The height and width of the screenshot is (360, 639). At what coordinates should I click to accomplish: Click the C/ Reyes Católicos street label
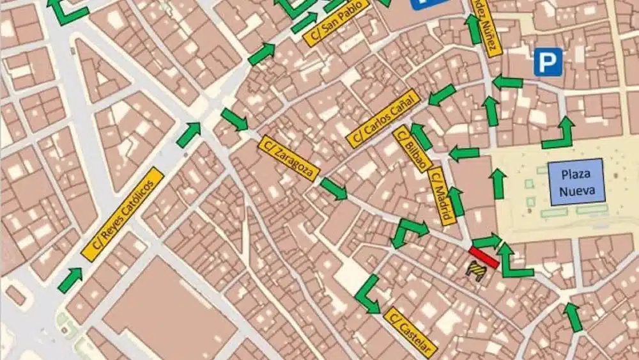(123, 214)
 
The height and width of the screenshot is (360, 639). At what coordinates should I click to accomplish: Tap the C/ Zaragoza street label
(289, 159)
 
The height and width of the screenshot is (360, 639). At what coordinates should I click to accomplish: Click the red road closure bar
(484, 257)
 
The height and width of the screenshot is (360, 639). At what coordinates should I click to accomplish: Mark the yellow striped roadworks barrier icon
(477, 272)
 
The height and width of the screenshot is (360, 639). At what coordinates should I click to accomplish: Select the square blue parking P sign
(548, 62)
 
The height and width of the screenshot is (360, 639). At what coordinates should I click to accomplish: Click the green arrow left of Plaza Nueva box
(498, 183)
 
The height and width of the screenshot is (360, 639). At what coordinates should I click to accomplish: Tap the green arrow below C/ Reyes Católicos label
(70, 279)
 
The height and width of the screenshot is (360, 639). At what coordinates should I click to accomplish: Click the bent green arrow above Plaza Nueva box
(559, 134)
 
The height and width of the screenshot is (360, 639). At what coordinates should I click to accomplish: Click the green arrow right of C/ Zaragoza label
(334, 188)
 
